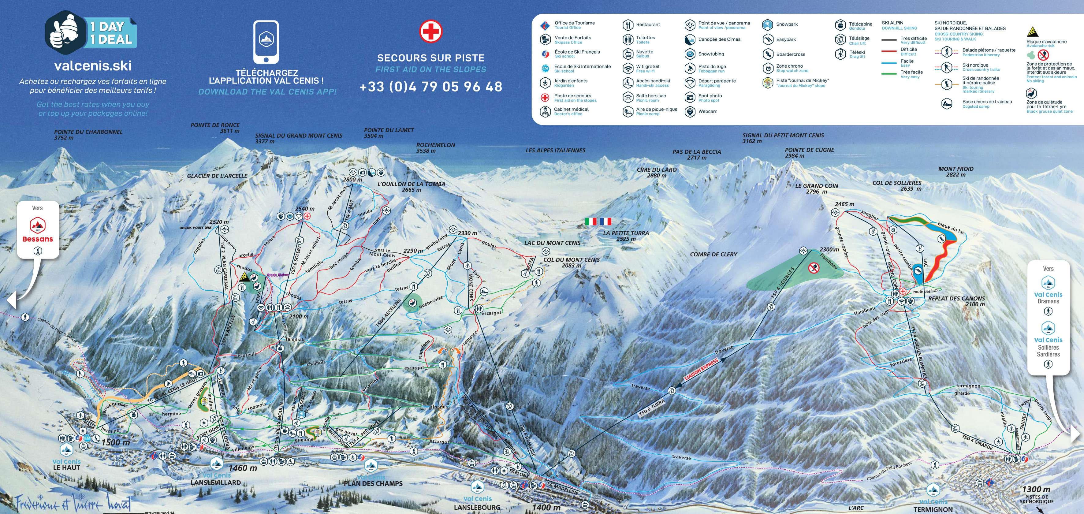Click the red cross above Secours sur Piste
pyautogui.click(x=430, y=31)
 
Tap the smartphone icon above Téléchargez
pyautogui.click(x=266, y=42)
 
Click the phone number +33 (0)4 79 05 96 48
pyautogui.click(x=431, y=87)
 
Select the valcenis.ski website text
pyautogui.click(x=93, y=66)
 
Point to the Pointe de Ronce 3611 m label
pyautogui.click(x=215, y=128)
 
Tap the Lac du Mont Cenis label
pyautogui.click(x=552, y=243)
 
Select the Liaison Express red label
pyautogui.click(x=702, y=369)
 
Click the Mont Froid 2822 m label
pyautogui.click(x=956, y=171)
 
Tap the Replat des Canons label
pyautogui.click(x=956, y=299)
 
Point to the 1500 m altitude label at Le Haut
pyautogui.click(x=115, y=442)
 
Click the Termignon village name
pyautogui.click(x=933, y=509)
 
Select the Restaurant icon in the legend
pyautogui.click(x=628, y=25)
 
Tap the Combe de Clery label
pyautogui.click(x=713, y=254)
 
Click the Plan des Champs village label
pyautogui.click(x=373, y=484)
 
